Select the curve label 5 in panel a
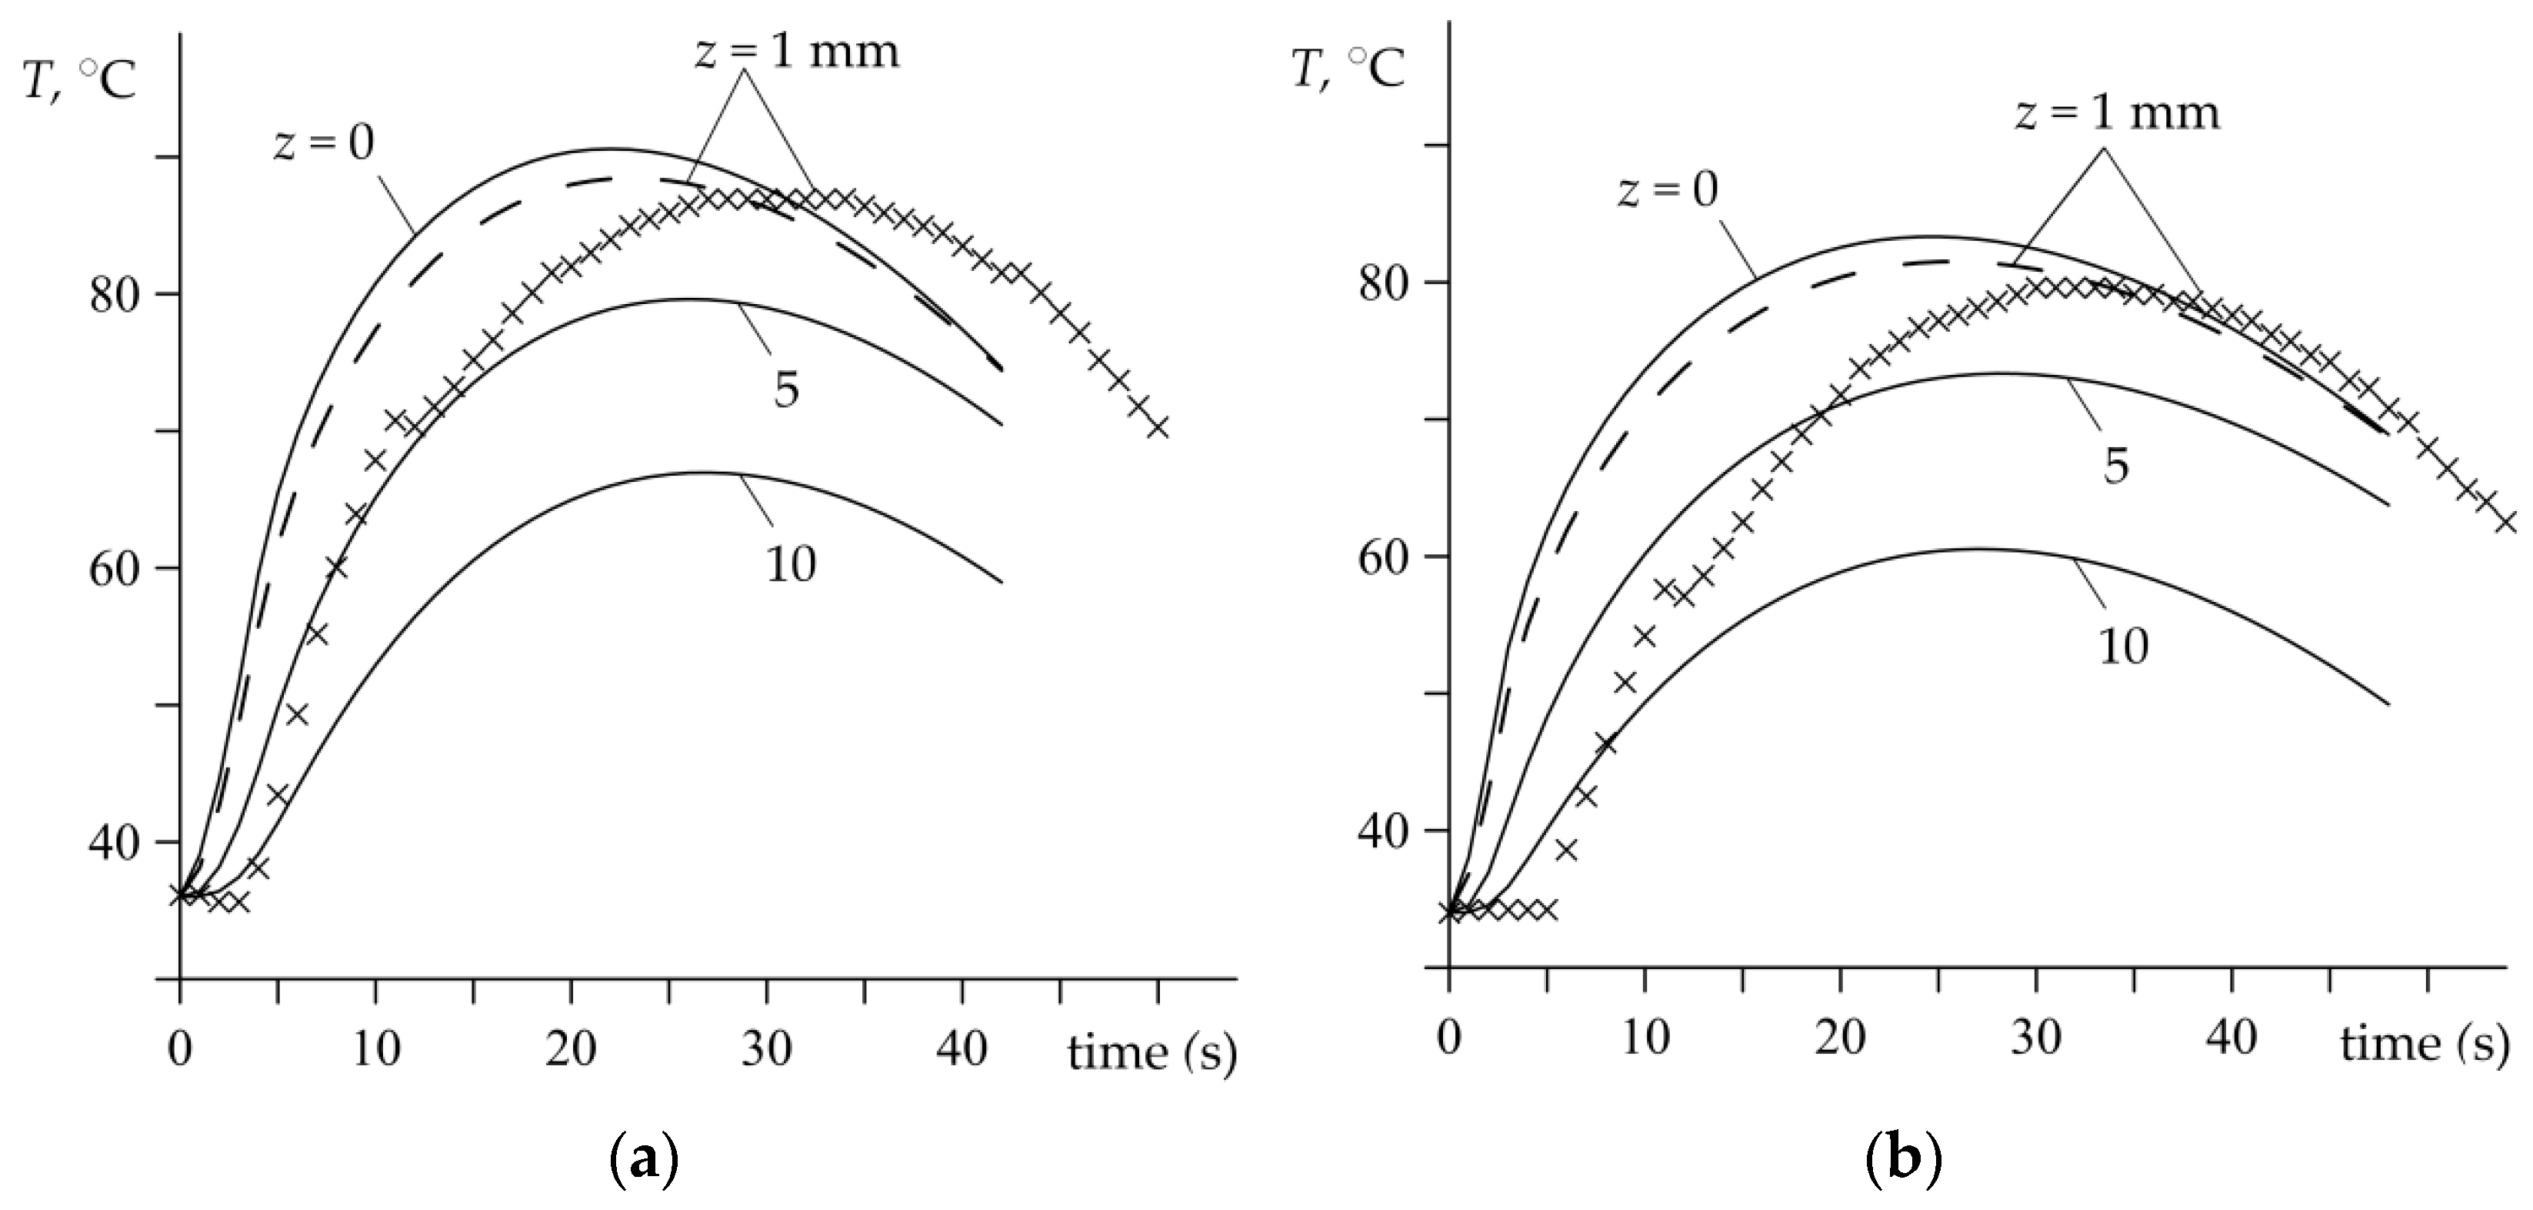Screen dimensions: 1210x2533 tap(785, 390)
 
